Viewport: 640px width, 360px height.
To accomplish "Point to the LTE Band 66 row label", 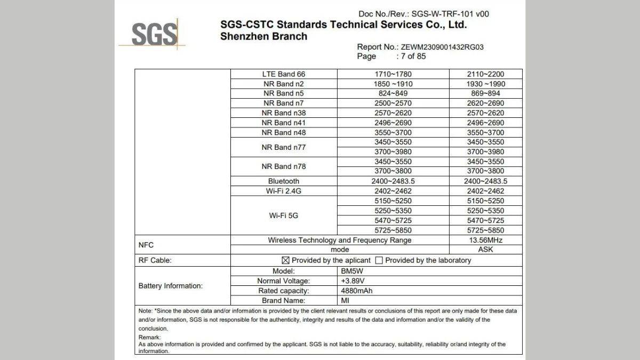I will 284,74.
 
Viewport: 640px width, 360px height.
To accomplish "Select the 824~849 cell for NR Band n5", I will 393,93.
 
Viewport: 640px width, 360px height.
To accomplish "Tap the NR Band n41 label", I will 284,123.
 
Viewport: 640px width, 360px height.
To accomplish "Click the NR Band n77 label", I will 284,147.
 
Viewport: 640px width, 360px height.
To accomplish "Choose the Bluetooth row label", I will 284,181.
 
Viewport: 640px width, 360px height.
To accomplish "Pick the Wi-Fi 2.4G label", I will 284,191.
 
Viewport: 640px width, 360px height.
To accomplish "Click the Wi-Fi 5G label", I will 284,216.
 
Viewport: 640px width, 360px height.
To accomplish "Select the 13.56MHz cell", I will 485,240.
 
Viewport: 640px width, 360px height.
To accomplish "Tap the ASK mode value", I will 485,250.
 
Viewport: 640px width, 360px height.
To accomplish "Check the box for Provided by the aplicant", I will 285,260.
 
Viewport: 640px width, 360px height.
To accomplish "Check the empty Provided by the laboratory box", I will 379,260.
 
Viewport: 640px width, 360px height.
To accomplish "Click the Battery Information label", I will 171,286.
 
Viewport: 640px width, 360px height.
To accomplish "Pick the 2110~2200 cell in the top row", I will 485,74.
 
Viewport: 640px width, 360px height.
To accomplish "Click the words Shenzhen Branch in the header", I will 263,37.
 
